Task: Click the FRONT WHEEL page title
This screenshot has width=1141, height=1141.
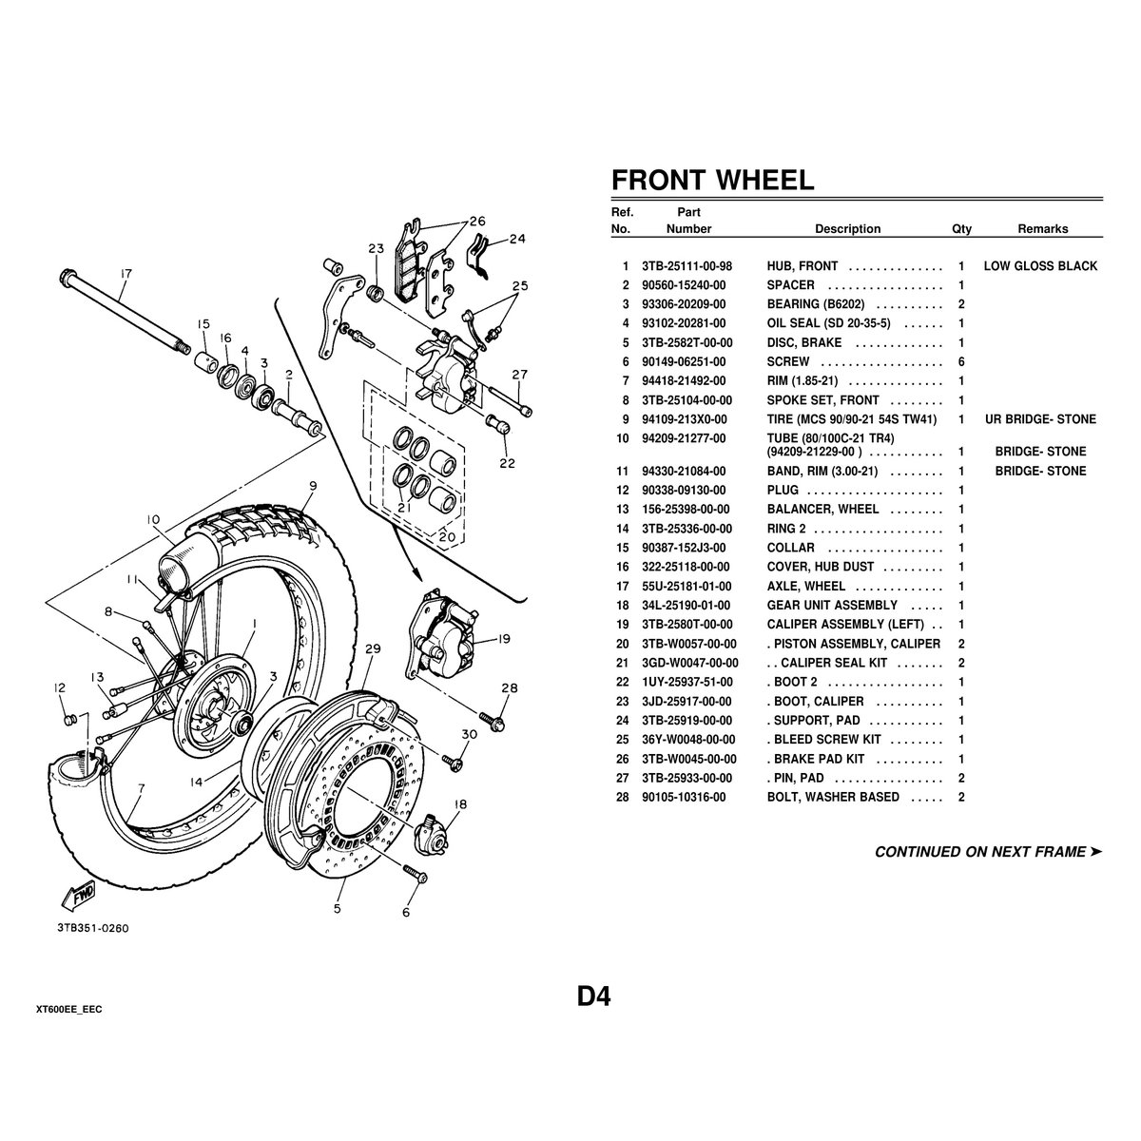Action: [x=712, y=180]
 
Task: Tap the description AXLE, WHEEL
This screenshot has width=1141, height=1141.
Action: [x=805, y=587]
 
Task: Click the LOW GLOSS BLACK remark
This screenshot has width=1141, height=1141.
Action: [x=1039, y=266]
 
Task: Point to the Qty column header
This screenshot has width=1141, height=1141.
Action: [x=961, y=229]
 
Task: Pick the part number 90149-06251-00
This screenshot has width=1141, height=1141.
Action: [x=684, y=362]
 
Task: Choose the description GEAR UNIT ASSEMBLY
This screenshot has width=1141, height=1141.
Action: [x=832, y=606]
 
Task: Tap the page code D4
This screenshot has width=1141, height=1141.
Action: [x=593, y=996]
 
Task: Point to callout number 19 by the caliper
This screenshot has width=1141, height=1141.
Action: [x=504, y=639]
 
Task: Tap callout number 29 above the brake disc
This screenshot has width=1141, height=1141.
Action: [x=373, y=648]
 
